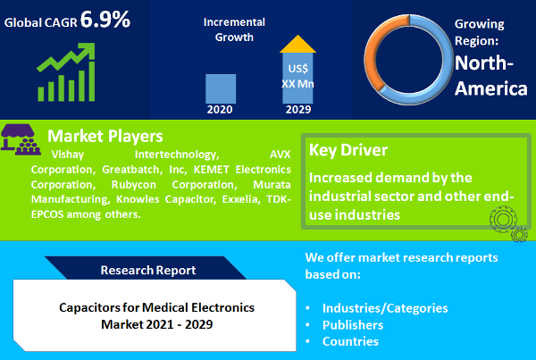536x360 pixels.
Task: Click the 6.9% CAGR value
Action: (x=105, y=19)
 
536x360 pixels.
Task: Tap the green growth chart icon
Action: (x=67, y=75)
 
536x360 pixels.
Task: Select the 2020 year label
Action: (x=220, y=110)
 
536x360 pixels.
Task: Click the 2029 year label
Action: (x=298, y=110)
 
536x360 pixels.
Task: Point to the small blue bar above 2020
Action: (x=221, y=88)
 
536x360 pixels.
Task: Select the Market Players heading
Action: (x=105, y=136)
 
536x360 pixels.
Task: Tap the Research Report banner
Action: (x=148, y=269)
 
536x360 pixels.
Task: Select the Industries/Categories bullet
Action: (x=385, y=308)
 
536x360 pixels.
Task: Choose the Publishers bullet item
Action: (x=354, y=325)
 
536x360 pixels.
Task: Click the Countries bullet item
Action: (x=350, y=341)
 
